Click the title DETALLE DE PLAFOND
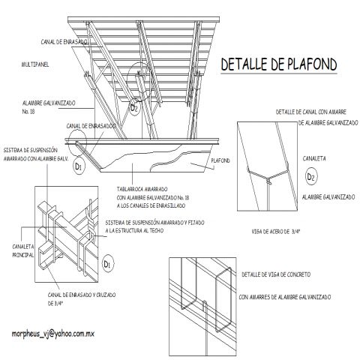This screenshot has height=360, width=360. coord(277,65)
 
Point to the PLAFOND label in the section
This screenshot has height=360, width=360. coord(220,160)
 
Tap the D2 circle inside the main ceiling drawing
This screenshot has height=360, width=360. coord(134,106)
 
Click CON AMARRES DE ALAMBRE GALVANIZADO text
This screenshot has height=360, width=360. coord(285,297)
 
